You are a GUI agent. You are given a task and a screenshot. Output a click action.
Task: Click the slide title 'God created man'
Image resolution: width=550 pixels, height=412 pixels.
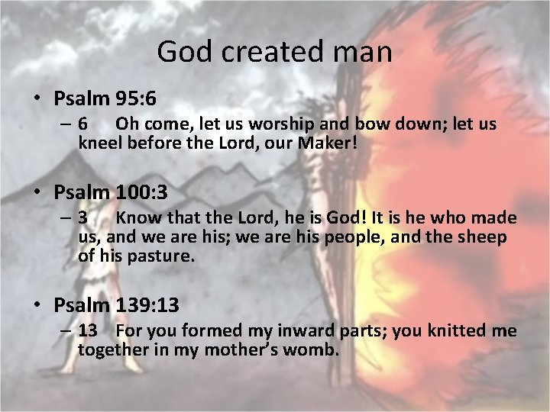274,52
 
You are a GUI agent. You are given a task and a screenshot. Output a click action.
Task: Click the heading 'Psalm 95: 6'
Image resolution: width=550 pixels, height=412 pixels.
105,98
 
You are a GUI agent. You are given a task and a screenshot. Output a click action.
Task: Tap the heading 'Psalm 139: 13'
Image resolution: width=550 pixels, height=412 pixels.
116,306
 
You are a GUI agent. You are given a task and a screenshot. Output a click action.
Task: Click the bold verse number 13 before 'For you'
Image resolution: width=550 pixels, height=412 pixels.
87,331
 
